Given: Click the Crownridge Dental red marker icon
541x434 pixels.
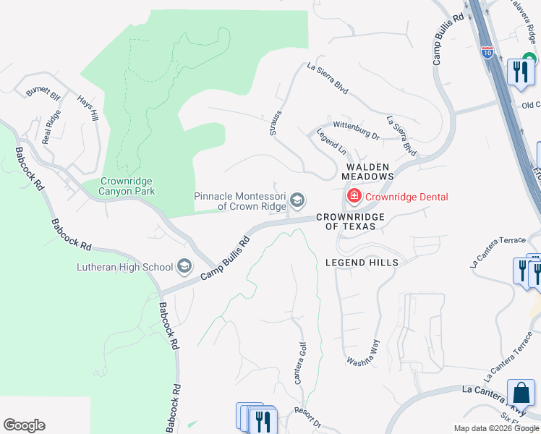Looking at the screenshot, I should pos(354,196).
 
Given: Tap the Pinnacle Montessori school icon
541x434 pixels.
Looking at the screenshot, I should pos(297,200).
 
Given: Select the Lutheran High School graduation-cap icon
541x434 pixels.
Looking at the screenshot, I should pos(184,267).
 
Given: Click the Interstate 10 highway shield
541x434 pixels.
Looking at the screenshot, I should pos(487,52).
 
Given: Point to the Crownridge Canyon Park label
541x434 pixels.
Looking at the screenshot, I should pos(128,186).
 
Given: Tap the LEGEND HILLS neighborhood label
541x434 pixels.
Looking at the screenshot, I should pos(362,263).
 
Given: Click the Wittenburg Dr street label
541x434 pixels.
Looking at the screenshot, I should pos(356,130).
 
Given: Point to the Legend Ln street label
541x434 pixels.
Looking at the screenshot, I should pos(331,141).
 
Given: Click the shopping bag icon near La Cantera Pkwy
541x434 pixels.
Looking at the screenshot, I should pos(521,393).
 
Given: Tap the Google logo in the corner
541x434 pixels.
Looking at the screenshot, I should pos(24,425).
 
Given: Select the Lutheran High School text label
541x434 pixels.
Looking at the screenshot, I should pos(125,267).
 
